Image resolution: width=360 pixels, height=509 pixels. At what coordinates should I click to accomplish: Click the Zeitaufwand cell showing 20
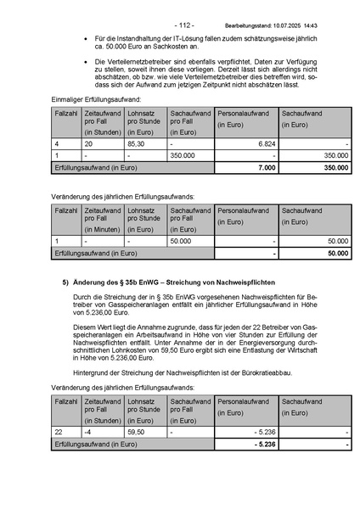pyautogui.click(x=89, y=145)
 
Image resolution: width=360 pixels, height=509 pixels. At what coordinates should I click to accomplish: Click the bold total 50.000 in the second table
pyautogui.click(x=337, y=252)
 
